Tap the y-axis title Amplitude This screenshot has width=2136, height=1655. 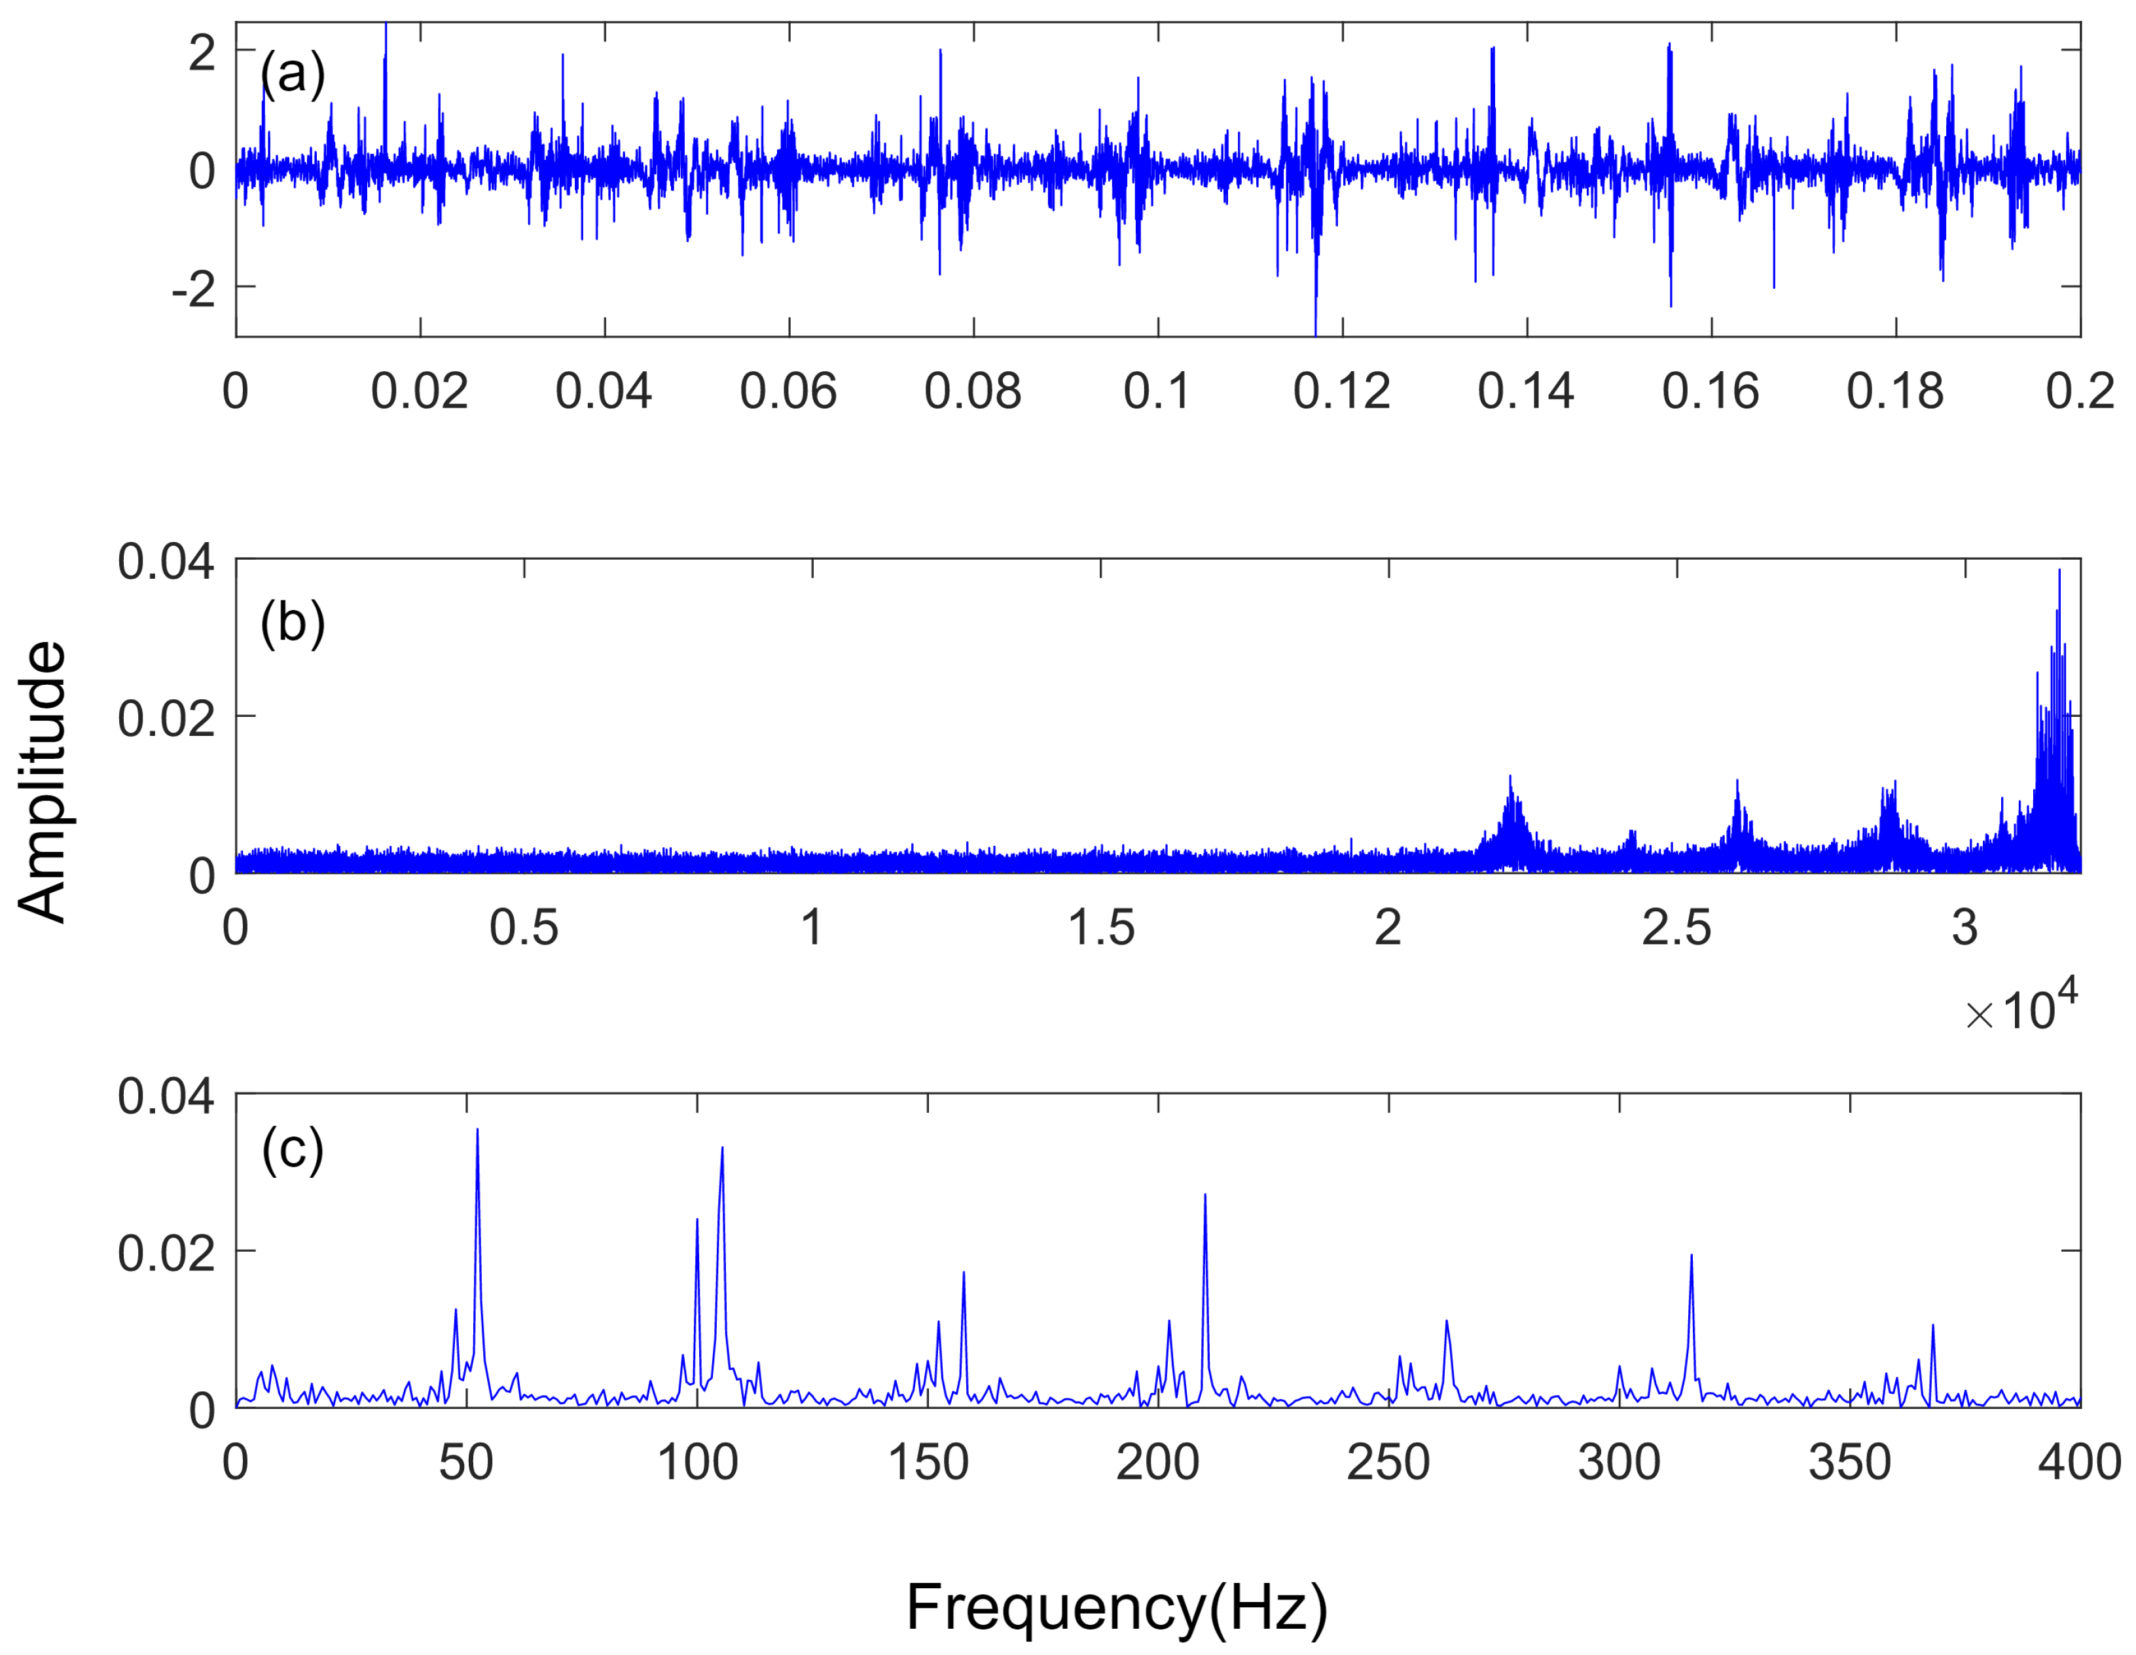point(41,782)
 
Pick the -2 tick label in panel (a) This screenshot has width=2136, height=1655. point(194,289)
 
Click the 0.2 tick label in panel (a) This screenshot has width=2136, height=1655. point(2079,392)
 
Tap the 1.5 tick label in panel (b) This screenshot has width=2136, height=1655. point(1100,927)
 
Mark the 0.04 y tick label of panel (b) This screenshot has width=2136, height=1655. point(165,562)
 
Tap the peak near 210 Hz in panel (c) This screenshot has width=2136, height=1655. point(1205,1196)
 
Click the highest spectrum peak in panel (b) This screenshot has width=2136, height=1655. point(2059,572)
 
